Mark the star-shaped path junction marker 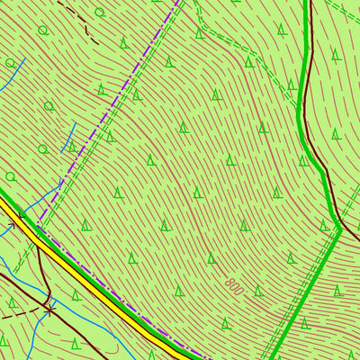pyautogui.click(x=50, y=307)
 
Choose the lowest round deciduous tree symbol pyautogui.click(x=11, y=175)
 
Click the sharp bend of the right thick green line pyautogui.click(x=338, y=225)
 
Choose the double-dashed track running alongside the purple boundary pyautogui.click(x=99, y=135)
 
